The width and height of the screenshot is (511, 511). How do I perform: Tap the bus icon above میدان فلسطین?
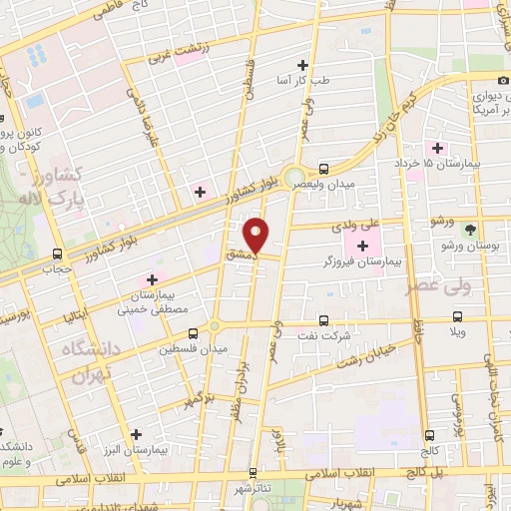pyautogui.click(x=216, y=333)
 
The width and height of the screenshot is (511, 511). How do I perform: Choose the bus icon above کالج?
pyautogui.click(x=430, y=435)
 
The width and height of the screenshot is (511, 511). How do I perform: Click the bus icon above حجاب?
pyautogui.click(x=57, y=254)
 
